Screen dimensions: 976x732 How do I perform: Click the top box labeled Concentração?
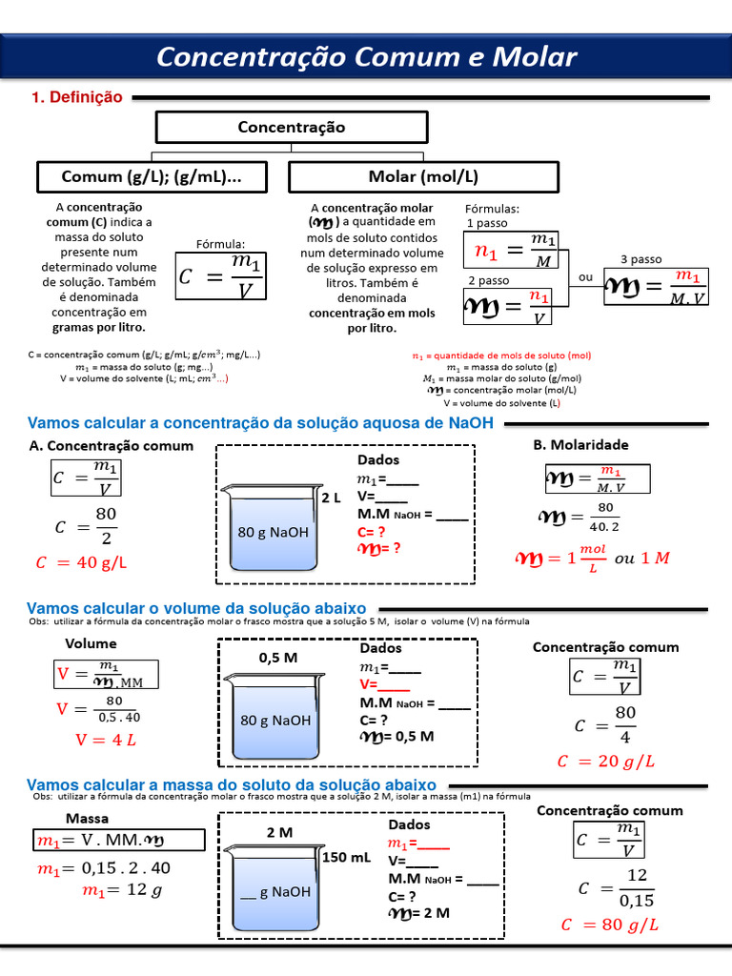point(291,127)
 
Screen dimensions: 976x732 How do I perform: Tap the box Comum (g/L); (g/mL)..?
point(151,177)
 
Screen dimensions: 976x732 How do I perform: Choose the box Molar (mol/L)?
point(423,177)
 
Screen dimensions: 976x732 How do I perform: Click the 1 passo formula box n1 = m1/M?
point(512,250)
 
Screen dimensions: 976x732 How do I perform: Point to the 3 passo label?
point(640,259)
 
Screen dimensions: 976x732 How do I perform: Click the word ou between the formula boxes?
point(585,277)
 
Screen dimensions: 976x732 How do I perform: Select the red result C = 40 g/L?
point(81,562)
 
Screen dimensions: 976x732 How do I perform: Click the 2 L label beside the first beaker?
point(330,498)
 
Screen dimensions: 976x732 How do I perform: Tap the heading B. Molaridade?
point(580,444)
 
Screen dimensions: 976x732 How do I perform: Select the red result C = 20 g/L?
point(607,761)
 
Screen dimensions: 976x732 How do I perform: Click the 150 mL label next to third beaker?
point(346,857)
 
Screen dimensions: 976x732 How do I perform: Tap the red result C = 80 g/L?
point(610,925)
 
